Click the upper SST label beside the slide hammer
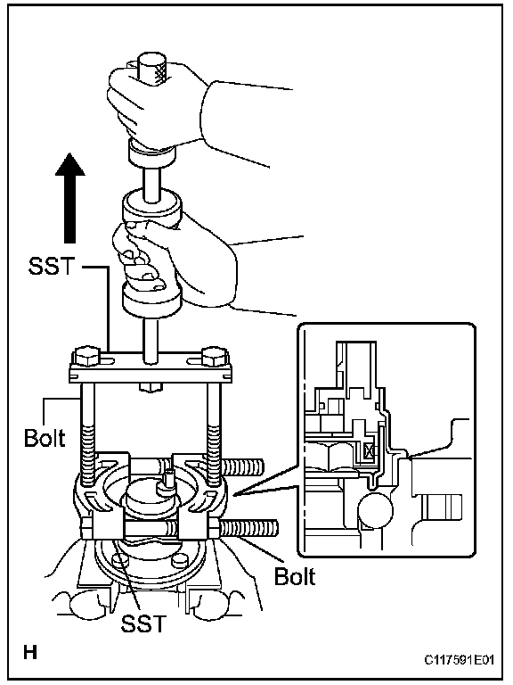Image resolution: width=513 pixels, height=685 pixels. point(52,266)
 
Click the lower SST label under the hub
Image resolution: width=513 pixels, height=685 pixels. point(144,623)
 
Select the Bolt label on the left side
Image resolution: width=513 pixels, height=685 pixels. point(45,438)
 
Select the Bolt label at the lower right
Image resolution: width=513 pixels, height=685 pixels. point(295,576)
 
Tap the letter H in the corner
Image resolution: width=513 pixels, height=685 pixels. point(30,653)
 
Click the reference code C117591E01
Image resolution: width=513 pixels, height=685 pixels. point(460,659)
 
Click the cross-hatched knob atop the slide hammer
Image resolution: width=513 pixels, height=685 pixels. point(152,69)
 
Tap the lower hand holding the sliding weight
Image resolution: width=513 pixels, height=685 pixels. point(175,262)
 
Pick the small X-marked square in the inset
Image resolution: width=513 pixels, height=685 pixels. point(368,450)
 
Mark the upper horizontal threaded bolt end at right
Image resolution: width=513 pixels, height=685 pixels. point(243,466)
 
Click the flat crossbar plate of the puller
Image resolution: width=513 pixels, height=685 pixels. point(151,369)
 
